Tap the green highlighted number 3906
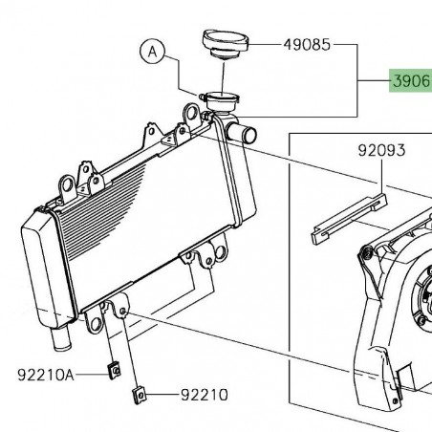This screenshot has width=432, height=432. (410, 83)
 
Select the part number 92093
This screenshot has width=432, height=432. (381, 150)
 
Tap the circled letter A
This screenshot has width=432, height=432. (152, 52)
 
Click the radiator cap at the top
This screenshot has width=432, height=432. (226, 44)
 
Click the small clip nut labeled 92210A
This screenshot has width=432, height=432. (112, 368)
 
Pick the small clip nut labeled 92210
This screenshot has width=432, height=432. (140, 391)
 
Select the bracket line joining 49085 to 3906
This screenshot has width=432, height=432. (359, 76)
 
